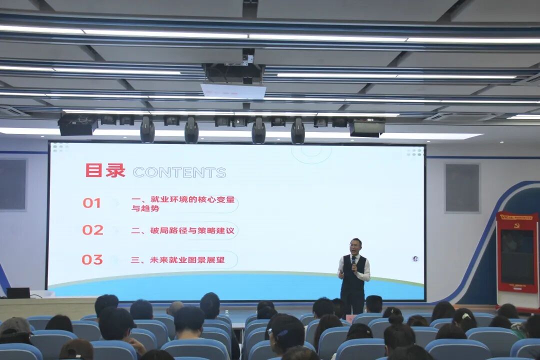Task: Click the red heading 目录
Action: (105, 170)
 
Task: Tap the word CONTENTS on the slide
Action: (179, 172)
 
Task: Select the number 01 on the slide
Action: (91, 203)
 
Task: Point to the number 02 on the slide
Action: (92, 230)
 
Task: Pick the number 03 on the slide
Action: (92, 259)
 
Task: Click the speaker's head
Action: (356, 246)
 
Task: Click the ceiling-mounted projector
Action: (233, 73)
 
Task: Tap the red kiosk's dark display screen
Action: (517, 257)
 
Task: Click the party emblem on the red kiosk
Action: (516, 225)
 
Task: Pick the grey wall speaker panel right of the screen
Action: (462, 188)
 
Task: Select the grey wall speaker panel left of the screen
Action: (12, 184)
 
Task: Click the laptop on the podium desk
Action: (18, 293)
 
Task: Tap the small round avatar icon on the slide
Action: (415, 258)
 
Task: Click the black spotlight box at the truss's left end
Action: (77, 125)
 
